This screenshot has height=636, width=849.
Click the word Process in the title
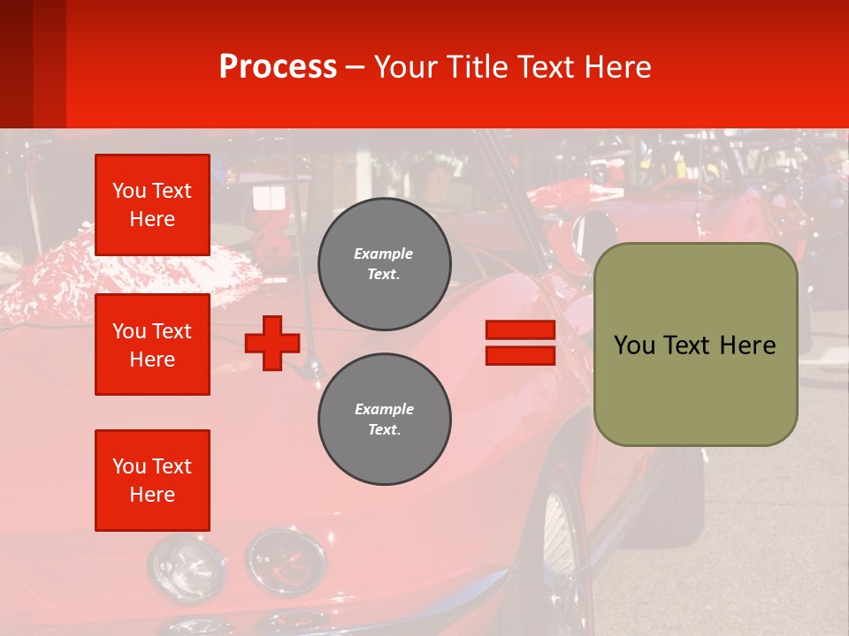(x=278, y=67)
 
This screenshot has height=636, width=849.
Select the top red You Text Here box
(x=152, y=205)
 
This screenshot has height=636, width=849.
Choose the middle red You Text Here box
(x=152, y=344)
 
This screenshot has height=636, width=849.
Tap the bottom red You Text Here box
(x=152, y=481)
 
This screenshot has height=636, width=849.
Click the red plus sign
(x=272, y=343)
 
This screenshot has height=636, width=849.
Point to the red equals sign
(x=520, y=343)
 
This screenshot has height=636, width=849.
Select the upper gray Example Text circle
(x=384, y=264)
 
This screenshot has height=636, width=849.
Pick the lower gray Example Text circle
(x=384, y=420)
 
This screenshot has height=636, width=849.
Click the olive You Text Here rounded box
(x=695, y=344)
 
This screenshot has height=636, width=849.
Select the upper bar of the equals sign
(x=520, y=330)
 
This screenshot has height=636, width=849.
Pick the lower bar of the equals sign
(x=520, y=355)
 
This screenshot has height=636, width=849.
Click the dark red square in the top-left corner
(x=33, y=64)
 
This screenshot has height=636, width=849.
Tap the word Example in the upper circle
(x=383, y=254)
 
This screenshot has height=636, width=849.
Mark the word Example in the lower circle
(x=384, y=409)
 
